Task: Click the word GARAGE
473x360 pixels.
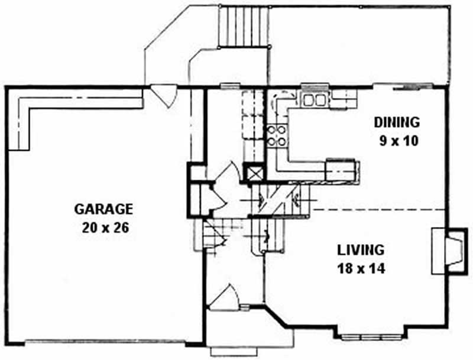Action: pyautogui.click(x=103, y=209)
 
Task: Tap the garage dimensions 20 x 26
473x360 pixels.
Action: pyautogui.click(x=103, y=226)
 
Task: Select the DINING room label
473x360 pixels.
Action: pyautogui.click(x=396, y=122)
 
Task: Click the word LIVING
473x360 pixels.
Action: pyautogui.click(x=361, y=249)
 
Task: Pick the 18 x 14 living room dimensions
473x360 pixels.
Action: pyautogui.click(x=361, y=268)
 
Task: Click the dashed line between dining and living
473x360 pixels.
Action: pyautogui.click(x=378, y=210)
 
